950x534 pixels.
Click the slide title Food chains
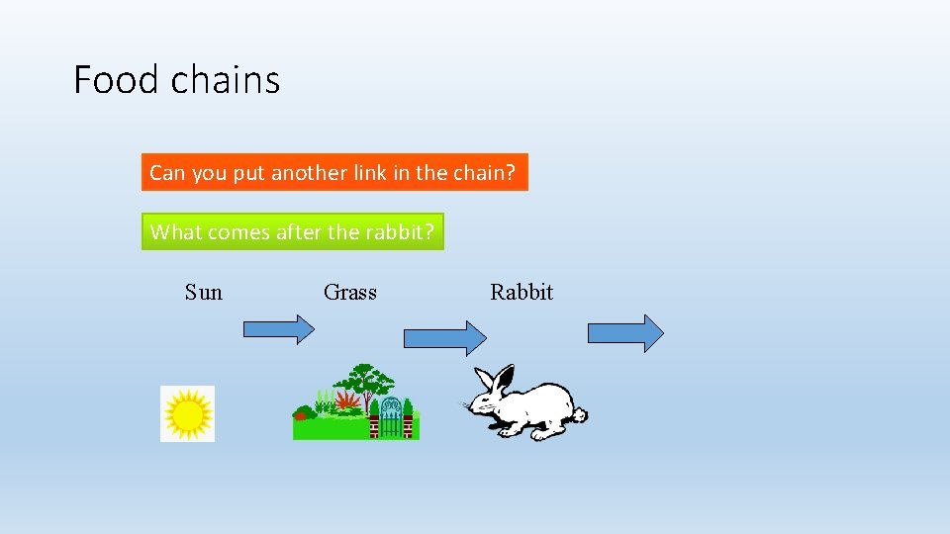(x=177, y=80)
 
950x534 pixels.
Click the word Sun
(x=204, y=292)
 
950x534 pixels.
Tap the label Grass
(x=350, y=292)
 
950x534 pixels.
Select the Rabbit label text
(x=522, y=292)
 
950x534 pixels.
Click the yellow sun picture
(x=188, y=413)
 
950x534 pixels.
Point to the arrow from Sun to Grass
(x=278, y=329)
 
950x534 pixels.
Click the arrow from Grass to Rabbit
(x=445, y=337)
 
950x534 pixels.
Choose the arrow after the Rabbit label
(x=625, y=333)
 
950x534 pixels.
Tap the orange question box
(x=334, y=172)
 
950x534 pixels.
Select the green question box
(x=293, y=232)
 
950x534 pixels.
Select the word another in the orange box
(x=309, y=172)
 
